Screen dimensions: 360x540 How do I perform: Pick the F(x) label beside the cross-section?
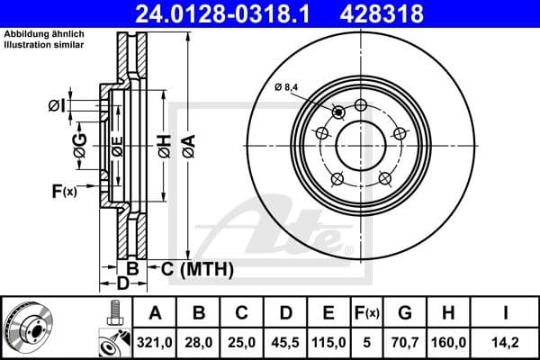64,191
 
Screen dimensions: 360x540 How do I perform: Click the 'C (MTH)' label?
197,268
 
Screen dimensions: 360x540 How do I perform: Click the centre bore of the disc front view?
360,144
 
